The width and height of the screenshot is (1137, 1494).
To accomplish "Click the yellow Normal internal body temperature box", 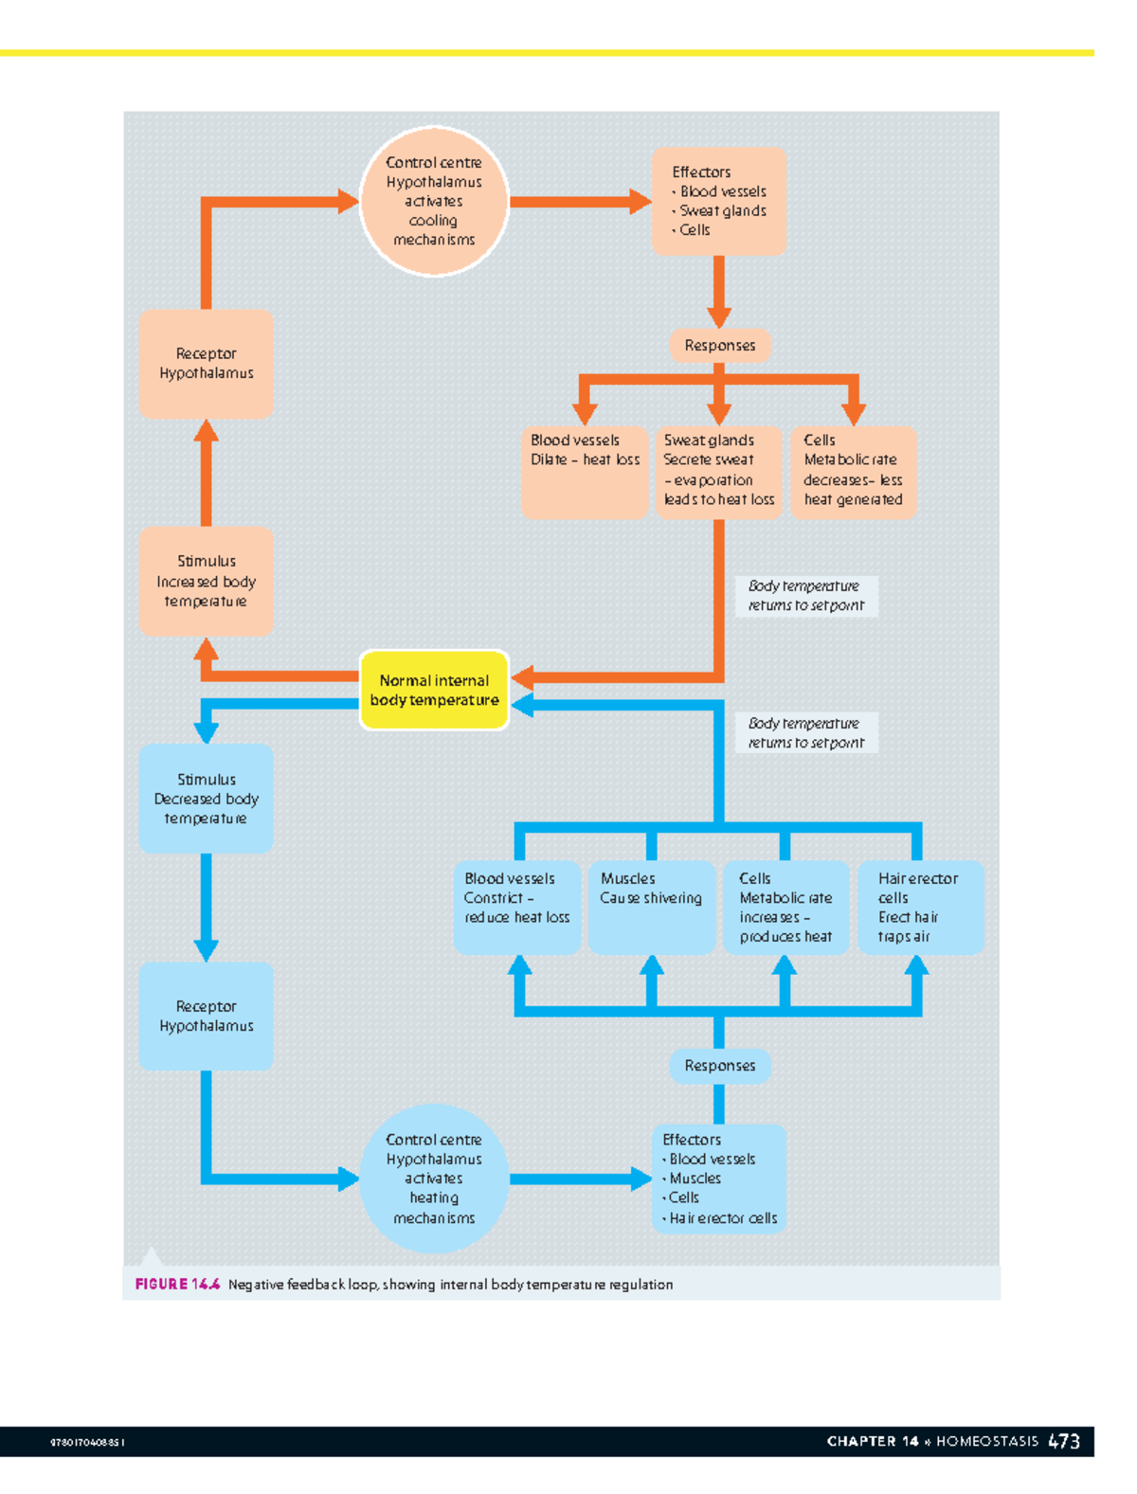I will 434,690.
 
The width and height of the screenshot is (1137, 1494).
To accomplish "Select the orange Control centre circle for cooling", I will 434,201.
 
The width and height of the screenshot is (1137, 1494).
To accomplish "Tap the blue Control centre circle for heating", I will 434,1179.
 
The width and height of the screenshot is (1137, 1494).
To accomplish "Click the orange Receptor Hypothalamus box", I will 206,364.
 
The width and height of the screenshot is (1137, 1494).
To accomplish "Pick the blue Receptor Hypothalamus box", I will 206,1017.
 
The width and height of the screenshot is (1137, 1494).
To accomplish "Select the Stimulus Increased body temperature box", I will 206,581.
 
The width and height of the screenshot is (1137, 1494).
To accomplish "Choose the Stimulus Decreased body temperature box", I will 206,799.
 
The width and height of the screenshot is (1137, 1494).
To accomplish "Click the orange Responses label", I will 719,346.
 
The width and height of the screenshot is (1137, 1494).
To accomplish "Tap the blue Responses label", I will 719,1066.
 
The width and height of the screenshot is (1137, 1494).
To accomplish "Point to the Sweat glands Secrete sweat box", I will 718,471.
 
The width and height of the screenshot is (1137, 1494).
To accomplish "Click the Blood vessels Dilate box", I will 585,471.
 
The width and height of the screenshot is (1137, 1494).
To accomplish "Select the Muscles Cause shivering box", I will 651,907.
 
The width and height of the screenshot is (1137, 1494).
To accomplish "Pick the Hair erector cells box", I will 919,907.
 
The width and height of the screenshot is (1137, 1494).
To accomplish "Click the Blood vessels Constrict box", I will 516,907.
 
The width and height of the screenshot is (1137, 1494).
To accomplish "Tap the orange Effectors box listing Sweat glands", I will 718,201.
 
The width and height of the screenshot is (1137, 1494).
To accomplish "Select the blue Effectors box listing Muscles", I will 718,1179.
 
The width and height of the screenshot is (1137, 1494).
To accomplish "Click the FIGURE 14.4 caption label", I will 177,1285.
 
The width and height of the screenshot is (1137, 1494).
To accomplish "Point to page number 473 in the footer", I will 1064,1441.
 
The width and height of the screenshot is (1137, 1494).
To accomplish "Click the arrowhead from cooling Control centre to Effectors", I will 641,201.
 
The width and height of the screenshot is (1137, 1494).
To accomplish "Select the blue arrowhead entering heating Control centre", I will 348,1179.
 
